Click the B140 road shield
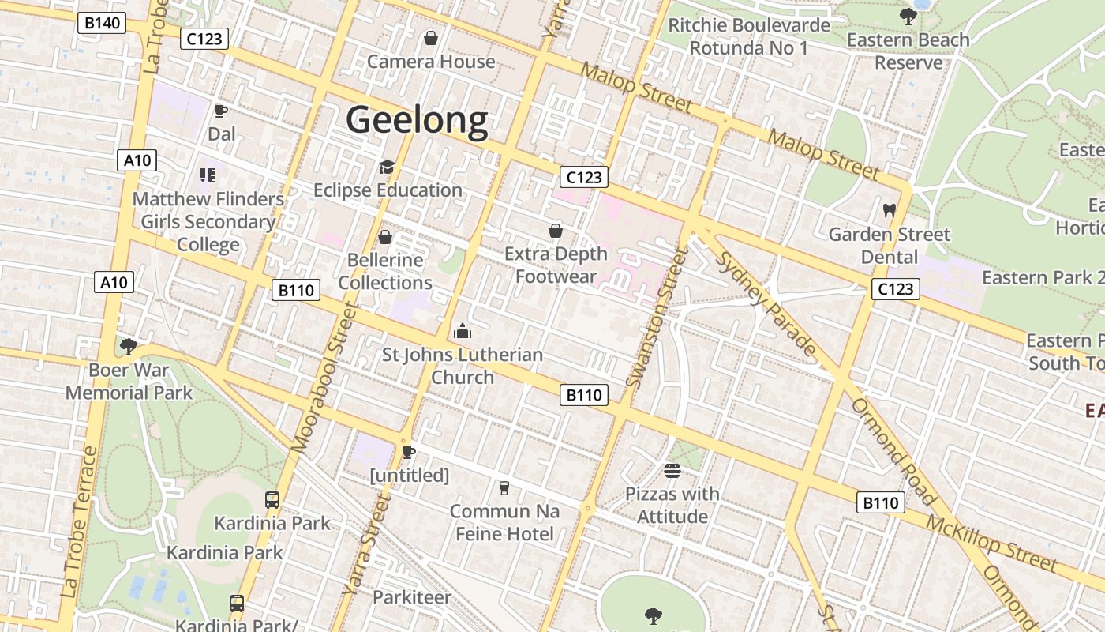click(x=102, y=23)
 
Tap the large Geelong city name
click(x=417, y=120)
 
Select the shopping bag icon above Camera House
click(x=431, y=37)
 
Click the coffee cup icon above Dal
click(x=221, y=111)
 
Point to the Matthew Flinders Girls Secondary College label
click(x=208, y=222)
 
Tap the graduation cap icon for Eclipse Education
click(x=386, y=167)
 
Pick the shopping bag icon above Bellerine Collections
click(x=385, y=236)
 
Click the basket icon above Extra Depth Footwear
click(x=556, y=231)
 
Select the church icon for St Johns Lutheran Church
click(x=463, y=331)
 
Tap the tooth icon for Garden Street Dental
click(x=890, y=211)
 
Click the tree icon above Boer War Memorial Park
click(x=128, y=346)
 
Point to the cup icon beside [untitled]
click(x=408, y=452)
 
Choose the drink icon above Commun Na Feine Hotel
click(x=504, y=487)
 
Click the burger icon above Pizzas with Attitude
click(x=672, y=471)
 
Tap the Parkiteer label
click(x=412, y=597)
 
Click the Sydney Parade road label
click(x=766, y=303)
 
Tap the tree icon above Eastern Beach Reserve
click(x=908, y=16)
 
